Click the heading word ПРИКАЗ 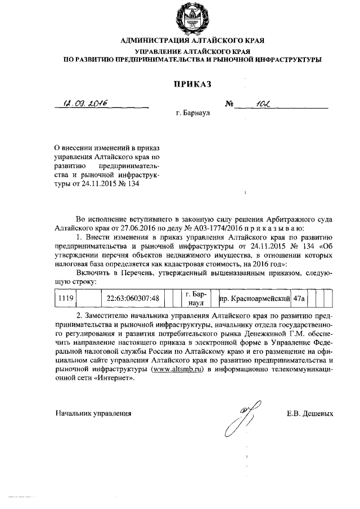click(191, 84)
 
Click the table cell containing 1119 click(66, 298)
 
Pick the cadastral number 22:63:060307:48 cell click(133, 298)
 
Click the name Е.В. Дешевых click(310, 413)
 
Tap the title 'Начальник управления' click(93, 413)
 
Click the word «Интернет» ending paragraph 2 click(118, 378)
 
